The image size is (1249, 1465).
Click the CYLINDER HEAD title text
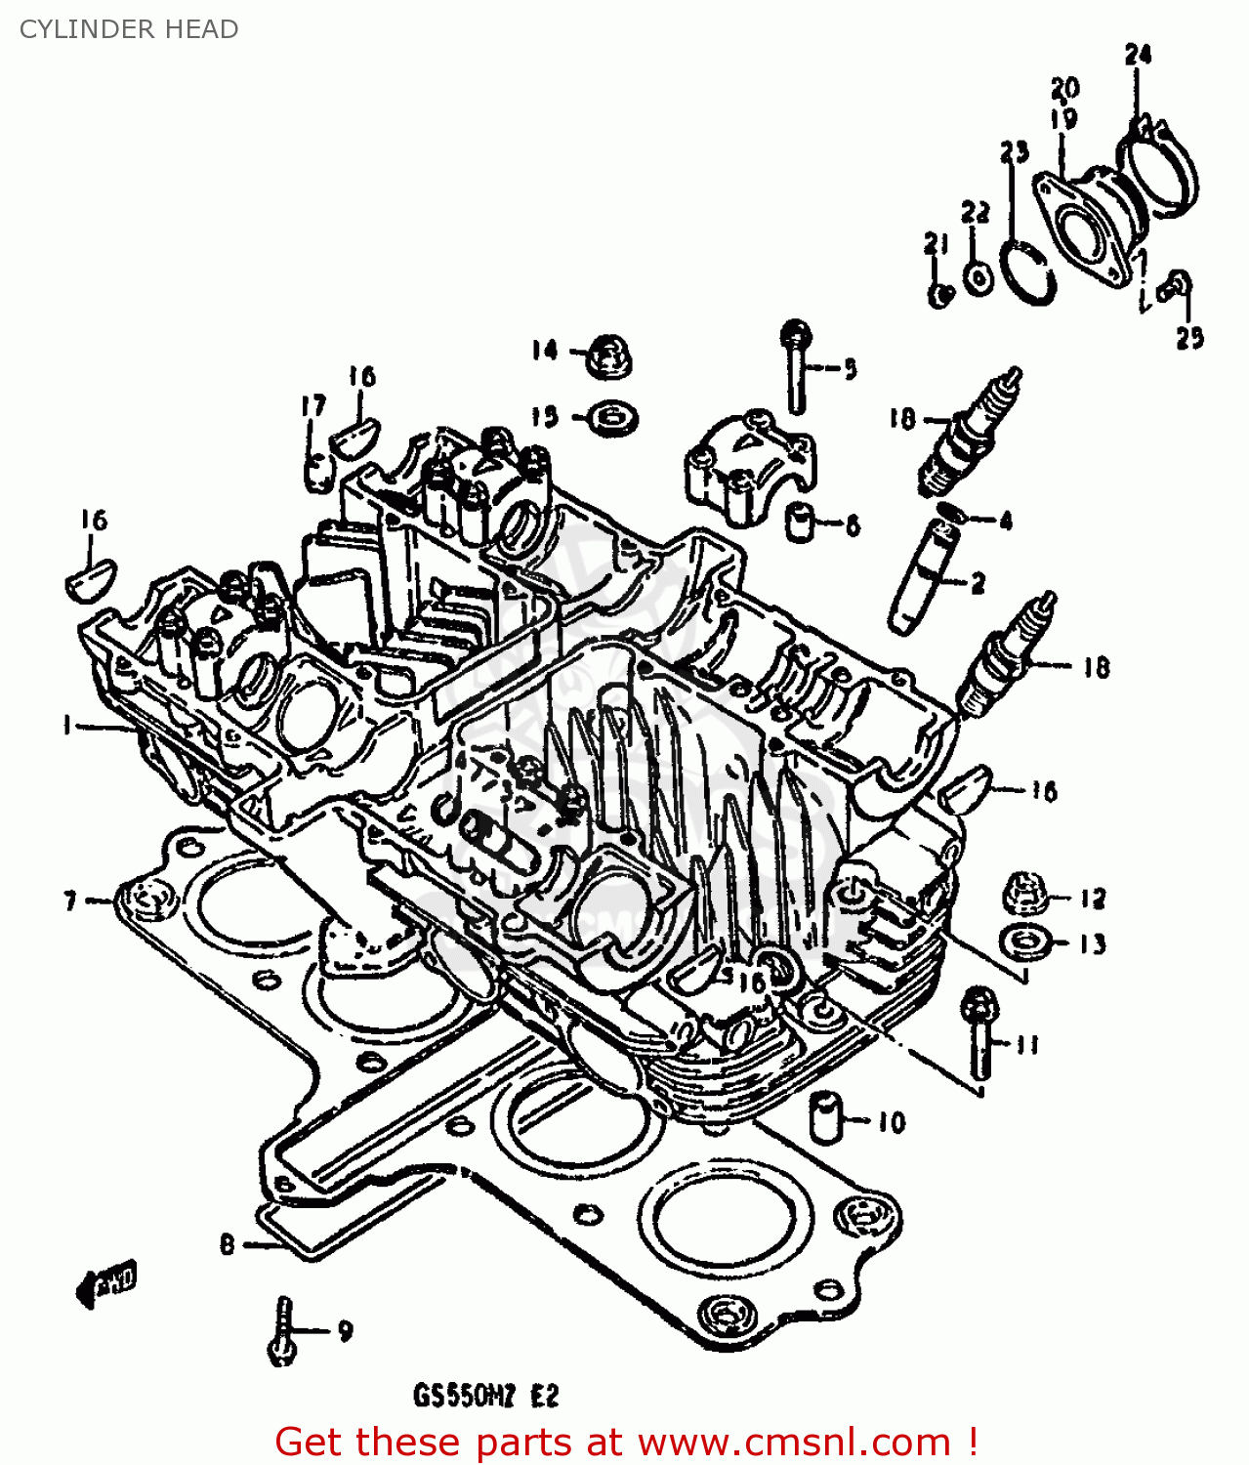coord(129,29)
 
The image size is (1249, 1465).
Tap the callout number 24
coord(1138,55)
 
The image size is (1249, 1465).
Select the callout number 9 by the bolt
coord(345,1330)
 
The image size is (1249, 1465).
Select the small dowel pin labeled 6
coord(802,523)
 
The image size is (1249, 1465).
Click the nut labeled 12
coord(1025,893)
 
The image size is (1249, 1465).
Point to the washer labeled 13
coord(1025,942)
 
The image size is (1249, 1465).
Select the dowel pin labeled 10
coord(825,1116)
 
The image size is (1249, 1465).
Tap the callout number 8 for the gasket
coord(228,1244)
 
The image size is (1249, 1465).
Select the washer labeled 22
coord(978,277)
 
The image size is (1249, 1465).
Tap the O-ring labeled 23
coord(1029,273)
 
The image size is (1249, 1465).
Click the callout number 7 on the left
coord(70,900)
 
